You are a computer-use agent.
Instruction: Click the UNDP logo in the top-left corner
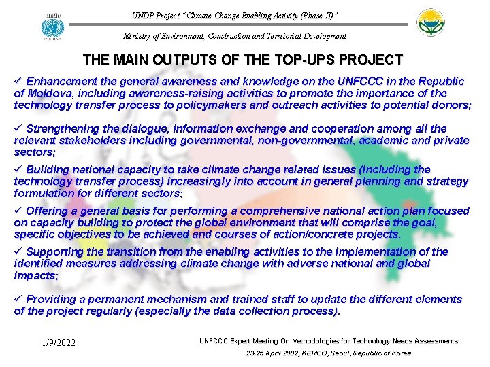[52, 26]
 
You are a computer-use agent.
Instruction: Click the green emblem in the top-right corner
[436, 24]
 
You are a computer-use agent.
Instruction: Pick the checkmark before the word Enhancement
[18, 81]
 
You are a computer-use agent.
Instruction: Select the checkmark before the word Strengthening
[18, 128]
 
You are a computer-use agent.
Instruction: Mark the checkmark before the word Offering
[18, 211]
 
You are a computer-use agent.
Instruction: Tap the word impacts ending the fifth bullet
[35, 276]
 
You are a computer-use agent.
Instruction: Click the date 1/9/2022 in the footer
[57, 343]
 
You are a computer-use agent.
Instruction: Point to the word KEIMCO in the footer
[299, 353]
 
